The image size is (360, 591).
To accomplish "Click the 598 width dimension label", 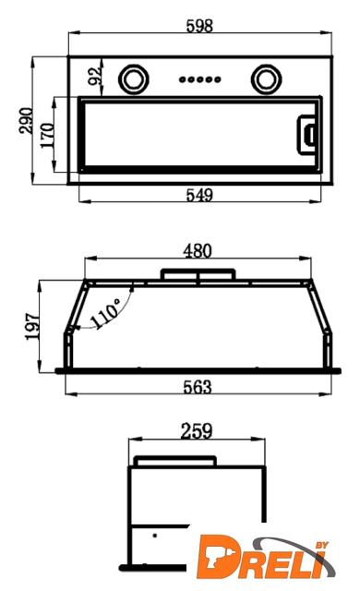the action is pyautogui.click(x=199, y=26).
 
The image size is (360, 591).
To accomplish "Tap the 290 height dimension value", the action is pyautogui.click(x=26, y=120).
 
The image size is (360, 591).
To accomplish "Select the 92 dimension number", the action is pyautogui.click(x=95, y=76).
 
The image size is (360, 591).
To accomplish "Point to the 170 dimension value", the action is pyautogui.click(x=48, y=136).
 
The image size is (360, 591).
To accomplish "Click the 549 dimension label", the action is pyautogui.click(x=199, y=195).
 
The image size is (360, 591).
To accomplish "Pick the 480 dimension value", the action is pyautogui.click(x=198, y=251).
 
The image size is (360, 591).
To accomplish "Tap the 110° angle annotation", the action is pyautogui.click(x=106, y=314).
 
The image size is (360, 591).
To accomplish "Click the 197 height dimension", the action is pyautogui.click(x=32, y=326).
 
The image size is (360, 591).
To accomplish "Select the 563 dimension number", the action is pyautogui.click(x=198, y=387).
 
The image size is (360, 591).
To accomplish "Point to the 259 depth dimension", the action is pyautogui.click(x=197, y=431).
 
